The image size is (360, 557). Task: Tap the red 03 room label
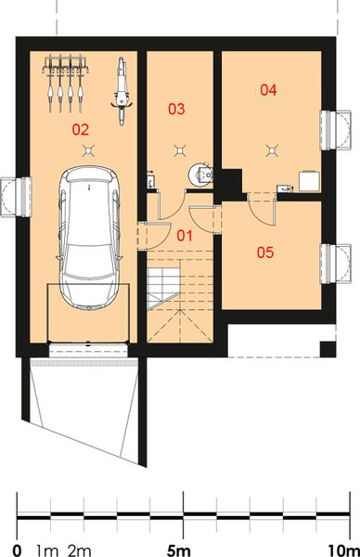pos(175,110)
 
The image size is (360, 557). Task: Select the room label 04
pos(268,90)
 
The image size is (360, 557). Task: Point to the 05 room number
pos(266,252)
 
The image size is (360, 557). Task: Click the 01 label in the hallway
pos(185,235)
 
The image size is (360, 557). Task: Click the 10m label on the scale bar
pos(342,537)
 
